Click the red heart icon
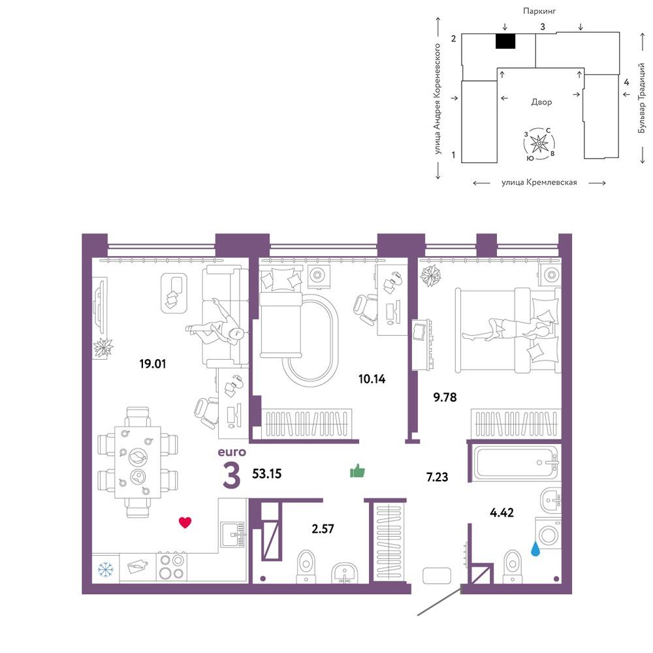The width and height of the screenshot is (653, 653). coord(185,522)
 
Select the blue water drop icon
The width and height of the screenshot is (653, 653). coord(536,549)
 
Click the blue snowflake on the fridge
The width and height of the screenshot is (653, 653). coord(105,569)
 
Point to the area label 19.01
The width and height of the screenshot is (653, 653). coord(152,364)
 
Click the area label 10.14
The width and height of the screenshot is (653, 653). coord(372,379)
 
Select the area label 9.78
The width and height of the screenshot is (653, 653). coord(445,397)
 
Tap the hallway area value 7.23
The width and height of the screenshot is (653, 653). coord(438,477)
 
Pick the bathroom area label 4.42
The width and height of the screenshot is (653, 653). coord(502,512)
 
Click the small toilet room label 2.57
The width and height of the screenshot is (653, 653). coord(323,528)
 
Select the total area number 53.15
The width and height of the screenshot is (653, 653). coord(267,473)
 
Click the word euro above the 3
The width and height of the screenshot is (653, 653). coord(232,452)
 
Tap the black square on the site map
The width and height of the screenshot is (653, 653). coord(505,41)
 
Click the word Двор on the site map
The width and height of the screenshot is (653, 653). coord(541,102)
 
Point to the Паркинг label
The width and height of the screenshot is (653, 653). coord(539,11)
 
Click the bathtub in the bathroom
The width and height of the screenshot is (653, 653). coord(516,462)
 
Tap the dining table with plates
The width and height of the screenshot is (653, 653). coord(138,462)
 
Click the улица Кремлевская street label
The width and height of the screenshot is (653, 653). coord(539,182)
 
